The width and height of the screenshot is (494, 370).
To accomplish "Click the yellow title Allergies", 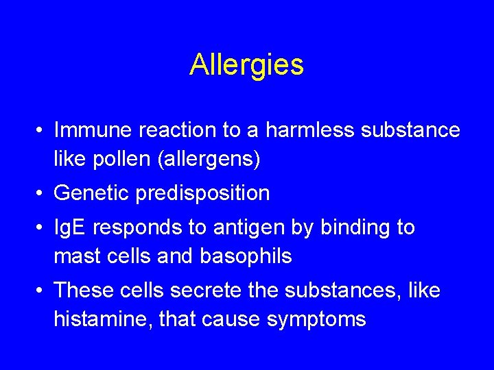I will click(246, 65).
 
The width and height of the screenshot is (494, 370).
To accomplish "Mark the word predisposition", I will click(202, 194).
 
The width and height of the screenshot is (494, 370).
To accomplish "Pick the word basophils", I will click(245, 256).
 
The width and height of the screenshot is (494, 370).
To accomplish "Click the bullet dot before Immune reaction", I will click(41, 130).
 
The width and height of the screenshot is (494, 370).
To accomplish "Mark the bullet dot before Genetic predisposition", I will click(41, 193).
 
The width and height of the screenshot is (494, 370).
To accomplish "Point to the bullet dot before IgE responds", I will click(41, 227).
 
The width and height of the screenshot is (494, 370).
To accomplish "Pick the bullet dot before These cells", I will click(41, 291).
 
